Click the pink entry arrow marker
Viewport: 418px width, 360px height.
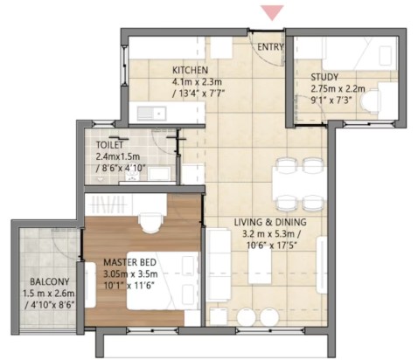click(272, 12)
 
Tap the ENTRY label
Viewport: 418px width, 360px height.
click(270, 47)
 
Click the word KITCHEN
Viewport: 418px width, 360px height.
click(190, 70)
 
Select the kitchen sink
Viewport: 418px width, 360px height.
click(152, 113)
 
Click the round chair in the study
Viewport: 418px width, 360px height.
click(371, 100)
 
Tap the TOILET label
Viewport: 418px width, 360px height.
click(109, 145)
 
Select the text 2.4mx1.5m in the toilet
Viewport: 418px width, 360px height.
click(117, 156)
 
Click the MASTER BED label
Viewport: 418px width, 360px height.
click(129, 262)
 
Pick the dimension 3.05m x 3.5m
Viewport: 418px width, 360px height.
click(130, 273)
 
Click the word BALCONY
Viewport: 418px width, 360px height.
click(50, 281)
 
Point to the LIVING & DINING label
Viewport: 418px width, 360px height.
click(270, 222)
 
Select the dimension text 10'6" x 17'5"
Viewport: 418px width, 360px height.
click(271, 246)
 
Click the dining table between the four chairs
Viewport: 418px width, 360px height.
click(299, 184)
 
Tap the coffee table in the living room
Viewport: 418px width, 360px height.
click(260, 266)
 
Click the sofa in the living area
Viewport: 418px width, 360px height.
click(219, 265)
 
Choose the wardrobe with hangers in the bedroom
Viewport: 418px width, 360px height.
click(108, 204)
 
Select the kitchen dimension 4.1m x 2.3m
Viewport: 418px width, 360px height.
click(197, 81)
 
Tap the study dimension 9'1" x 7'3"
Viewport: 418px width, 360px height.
click(331, 100)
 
